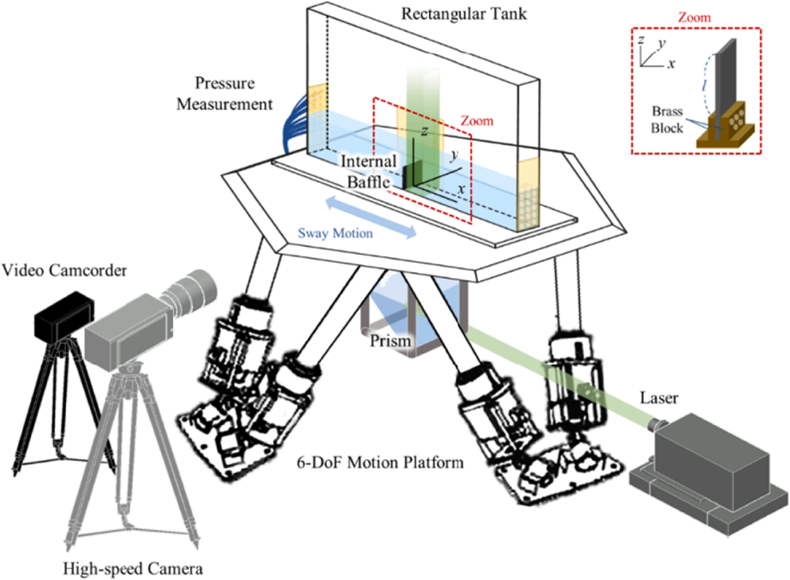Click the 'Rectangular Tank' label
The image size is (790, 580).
point(464,14)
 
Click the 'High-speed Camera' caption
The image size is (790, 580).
point(133,569)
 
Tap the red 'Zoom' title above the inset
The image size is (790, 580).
point(694,18)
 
